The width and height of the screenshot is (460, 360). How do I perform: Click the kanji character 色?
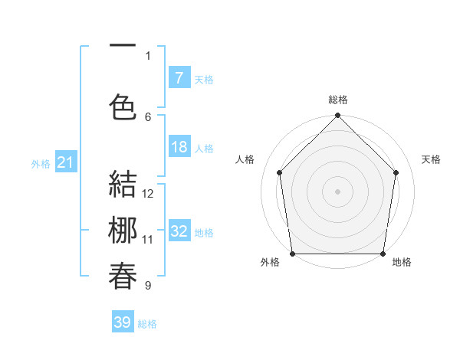click(123, 106)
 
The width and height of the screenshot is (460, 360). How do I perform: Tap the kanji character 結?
click(123, 186)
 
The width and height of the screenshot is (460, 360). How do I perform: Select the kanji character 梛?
click(123, 231)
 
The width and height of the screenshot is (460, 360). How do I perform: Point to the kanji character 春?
click(123, 276)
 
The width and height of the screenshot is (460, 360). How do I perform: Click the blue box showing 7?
click(179, 78)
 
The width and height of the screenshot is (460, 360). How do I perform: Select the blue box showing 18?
click(179, 148)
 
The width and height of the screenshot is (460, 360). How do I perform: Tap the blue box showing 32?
click(179, 232)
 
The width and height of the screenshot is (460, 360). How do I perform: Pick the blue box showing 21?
click(65, 162)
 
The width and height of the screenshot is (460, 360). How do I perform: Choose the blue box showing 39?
click(123, 322)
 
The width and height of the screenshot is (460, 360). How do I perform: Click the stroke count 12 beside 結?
click(148, 194)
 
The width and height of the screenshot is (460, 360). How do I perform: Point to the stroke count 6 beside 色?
click(148, 116)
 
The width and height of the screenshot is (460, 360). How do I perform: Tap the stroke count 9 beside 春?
click(148, 286)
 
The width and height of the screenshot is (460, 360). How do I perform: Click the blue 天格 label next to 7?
click(204, 79)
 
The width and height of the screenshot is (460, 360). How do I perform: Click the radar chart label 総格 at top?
click(338, 100)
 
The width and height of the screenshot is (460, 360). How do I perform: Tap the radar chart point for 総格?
click(338, 116)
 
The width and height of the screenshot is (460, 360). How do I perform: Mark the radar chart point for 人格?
click(279, 172)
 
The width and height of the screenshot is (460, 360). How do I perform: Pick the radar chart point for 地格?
click(383, 254)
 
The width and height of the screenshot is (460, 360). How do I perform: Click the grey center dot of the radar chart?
click(338, 191)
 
